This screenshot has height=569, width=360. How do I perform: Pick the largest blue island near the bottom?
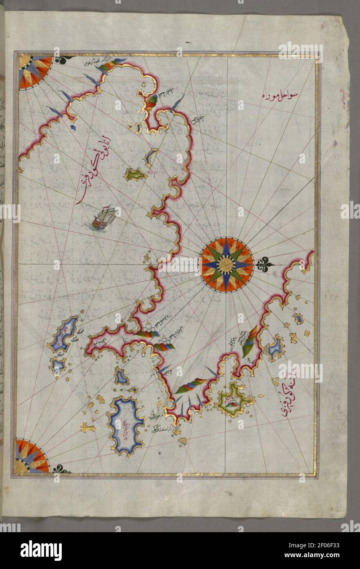[x=125, y=426]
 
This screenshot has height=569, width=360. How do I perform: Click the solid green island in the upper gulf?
[x=135, y=175]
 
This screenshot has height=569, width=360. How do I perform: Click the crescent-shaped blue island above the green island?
[x=151, y=156]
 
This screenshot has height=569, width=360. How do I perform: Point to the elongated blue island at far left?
[x=64, y=334]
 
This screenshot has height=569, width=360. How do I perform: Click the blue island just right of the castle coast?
[x=274, y=348]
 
